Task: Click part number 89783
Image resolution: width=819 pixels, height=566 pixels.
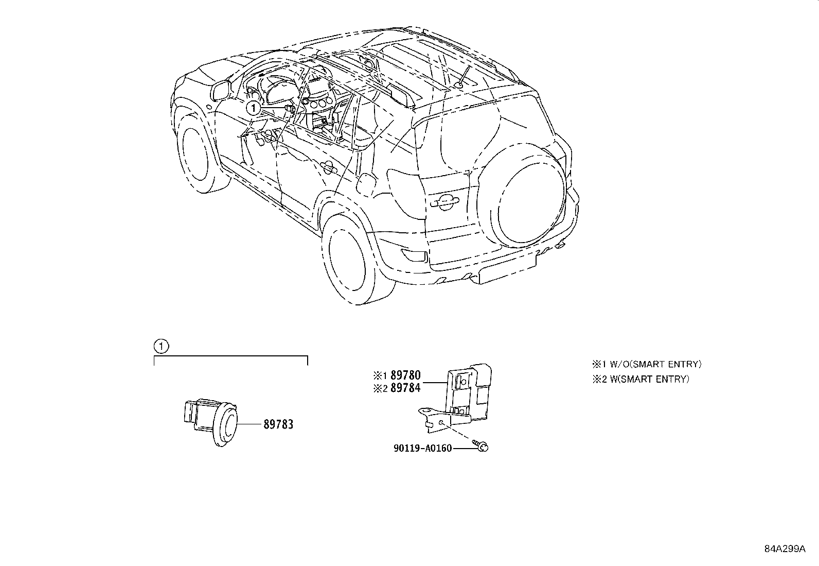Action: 278,424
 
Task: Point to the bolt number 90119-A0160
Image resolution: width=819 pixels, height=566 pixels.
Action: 422,448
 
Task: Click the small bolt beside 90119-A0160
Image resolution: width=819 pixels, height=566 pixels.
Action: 482,447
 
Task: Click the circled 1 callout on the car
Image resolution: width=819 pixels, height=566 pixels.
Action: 253,108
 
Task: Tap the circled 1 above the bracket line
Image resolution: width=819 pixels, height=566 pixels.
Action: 161,346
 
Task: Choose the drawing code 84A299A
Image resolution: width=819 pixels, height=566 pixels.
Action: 784,549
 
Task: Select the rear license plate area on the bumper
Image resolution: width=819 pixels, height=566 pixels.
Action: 507,271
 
